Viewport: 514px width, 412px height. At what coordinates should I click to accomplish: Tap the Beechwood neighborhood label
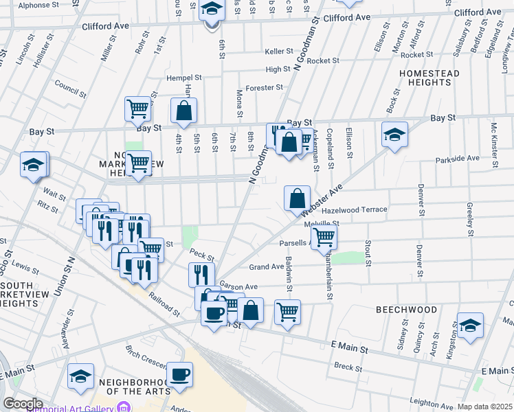click(x=406, y=310)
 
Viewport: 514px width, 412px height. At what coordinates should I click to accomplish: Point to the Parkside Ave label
click(x=457, y=159)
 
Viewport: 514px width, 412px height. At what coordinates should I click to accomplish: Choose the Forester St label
click(x=265, y=87)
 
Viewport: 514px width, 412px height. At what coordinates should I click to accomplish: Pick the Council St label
click(x=70, y=87)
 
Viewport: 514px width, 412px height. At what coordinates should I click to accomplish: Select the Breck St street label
click(x=349, y=367)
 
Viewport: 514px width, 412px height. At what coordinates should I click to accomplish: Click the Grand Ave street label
click(x=267, y=266)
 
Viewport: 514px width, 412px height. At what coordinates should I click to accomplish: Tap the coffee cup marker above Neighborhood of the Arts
click(x=180, y=374)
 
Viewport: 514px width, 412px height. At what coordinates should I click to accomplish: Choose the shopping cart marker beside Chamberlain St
click(x=323, y=238)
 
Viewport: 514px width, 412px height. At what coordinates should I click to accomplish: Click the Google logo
click(x=23, y=404)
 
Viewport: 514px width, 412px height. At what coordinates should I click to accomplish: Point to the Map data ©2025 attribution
click(x=484, y=407)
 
